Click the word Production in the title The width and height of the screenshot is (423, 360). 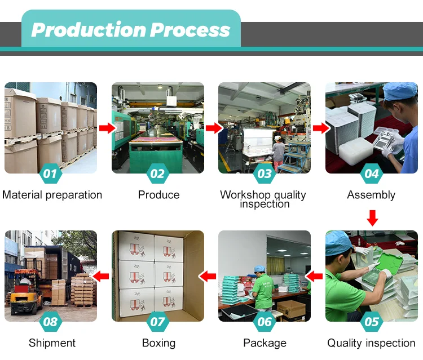[84, 30]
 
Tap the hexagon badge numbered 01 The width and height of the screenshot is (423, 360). [51, 174]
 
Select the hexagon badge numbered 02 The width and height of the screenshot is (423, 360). [158, 174]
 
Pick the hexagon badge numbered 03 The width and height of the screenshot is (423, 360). [265, 174]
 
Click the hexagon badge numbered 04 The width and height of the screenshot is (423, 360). [372, 174]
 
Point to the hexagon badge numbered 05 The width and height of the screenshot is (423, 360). [372, 322]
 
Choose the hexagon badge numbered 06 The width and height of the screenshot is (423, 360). [265, 322]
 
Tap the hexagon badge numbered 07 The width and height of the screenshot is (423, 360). [158, 322]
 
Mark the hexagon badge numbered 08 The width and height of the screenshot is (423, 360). [51, 322]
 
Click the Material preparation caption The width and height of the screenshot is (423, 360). [52, 195]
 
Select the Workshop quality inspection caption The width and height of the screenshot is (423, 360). [263, 199]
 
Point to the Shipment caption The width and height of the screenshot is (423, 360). [52, 343]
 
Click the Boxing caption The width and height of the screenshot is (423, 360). [158, 343]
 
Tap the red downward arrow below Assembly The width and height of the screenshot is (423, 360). [372, 217]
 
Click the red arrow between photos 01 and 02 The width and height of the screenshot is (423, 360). [105, 128]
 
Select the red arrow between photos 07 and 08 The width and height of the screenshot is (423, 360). [102, 276]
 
